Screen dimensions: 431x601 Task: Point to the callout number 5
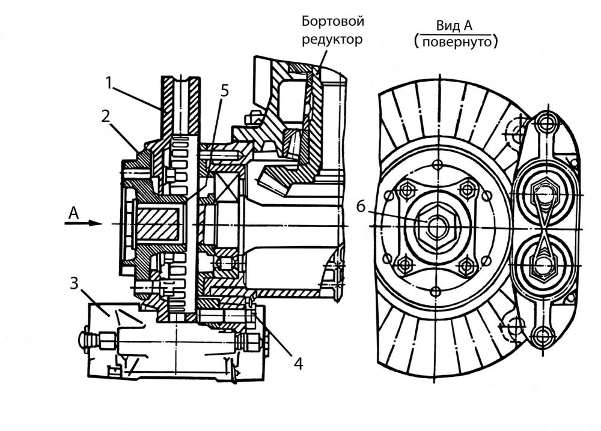click(224, 91)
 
